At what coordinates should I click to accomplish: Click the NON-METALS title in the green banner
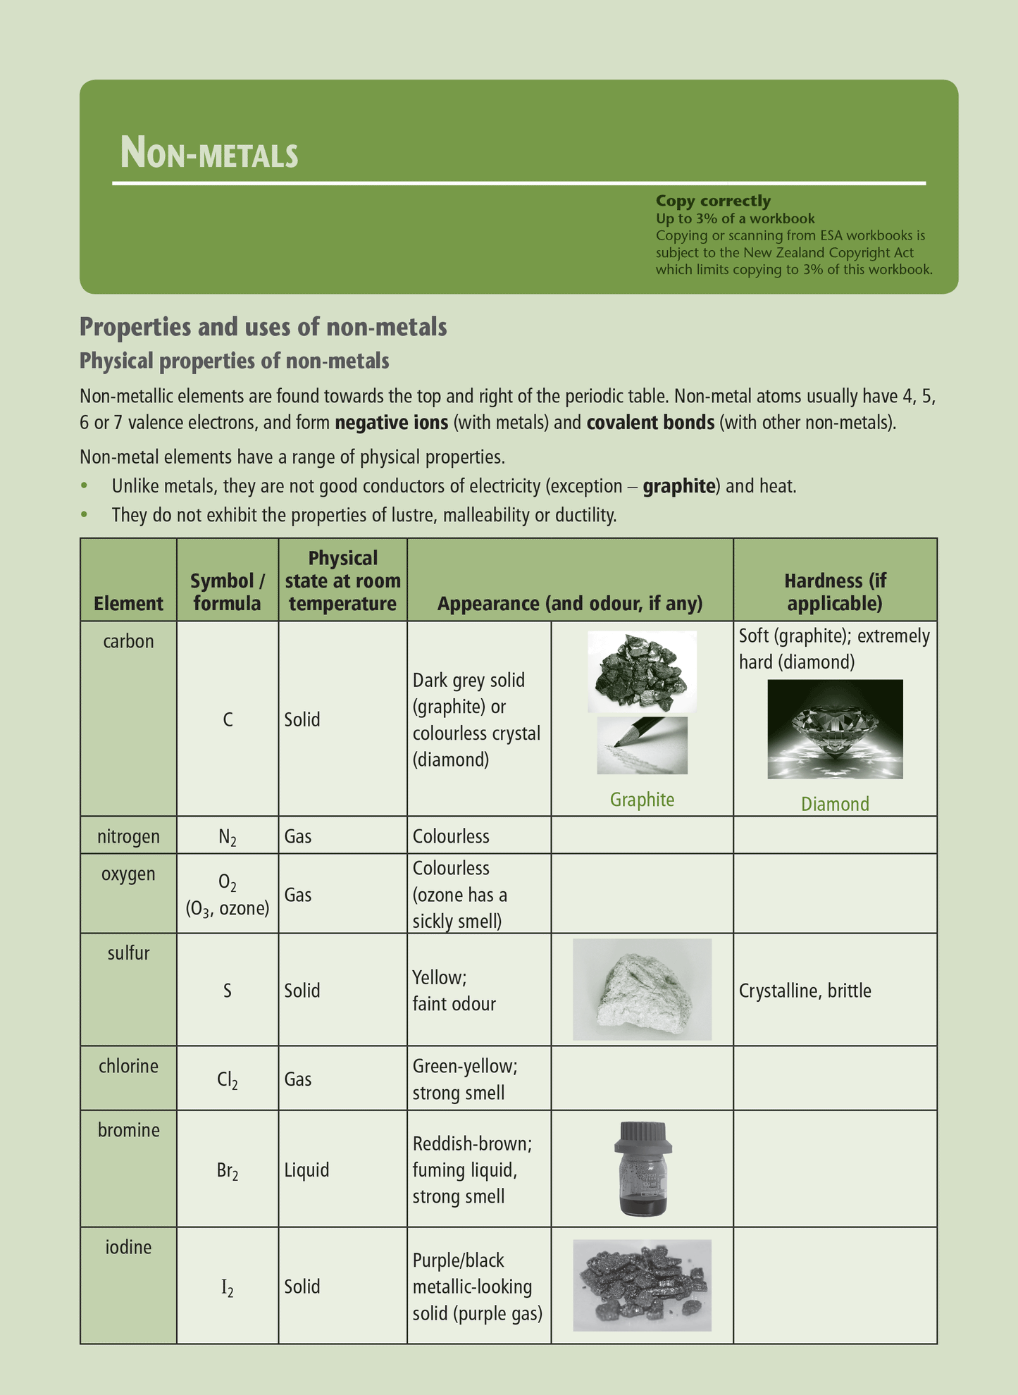coord(209,153)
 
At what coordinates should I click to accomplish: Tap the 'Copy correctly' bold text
coord(713,201)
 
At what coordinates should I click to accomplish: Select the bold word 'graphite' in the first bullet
coord(678,486)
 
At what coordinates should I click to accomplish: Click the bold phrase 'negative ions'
coord(391,423)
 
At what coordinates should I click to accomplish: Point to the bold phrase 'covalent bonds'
coord(650,423)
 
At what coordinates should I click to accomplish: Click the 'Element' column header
coord(128,604)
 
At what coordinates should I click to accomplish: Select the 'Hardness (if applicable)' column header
coord(835,592)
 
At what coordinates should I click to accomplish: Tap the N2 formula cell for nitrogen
coord(227,837)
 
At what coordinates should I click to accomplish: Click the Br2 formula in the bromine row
coord(227,1171)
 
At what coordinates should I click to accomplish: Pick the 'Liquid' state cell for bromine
coord(306,1170)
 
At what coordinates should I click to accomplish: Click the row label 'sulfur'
coord(128,954)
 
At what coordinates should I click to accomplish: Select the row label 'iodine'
coord(128,1248)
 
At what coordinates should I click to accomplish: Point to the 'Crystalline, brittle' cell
coord(805,991)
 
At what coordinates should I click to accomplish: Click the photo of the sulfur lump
coord(642,990)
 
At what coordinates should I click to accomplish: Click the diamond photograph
coord(835,729)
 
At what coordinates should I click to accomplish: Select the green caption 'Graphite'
coord(642,800)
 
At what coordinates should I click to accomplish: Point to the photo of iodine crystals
coord(642,1286)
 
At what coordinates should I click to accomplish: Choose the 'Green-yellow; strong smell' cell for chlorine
coord(465,1079)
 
